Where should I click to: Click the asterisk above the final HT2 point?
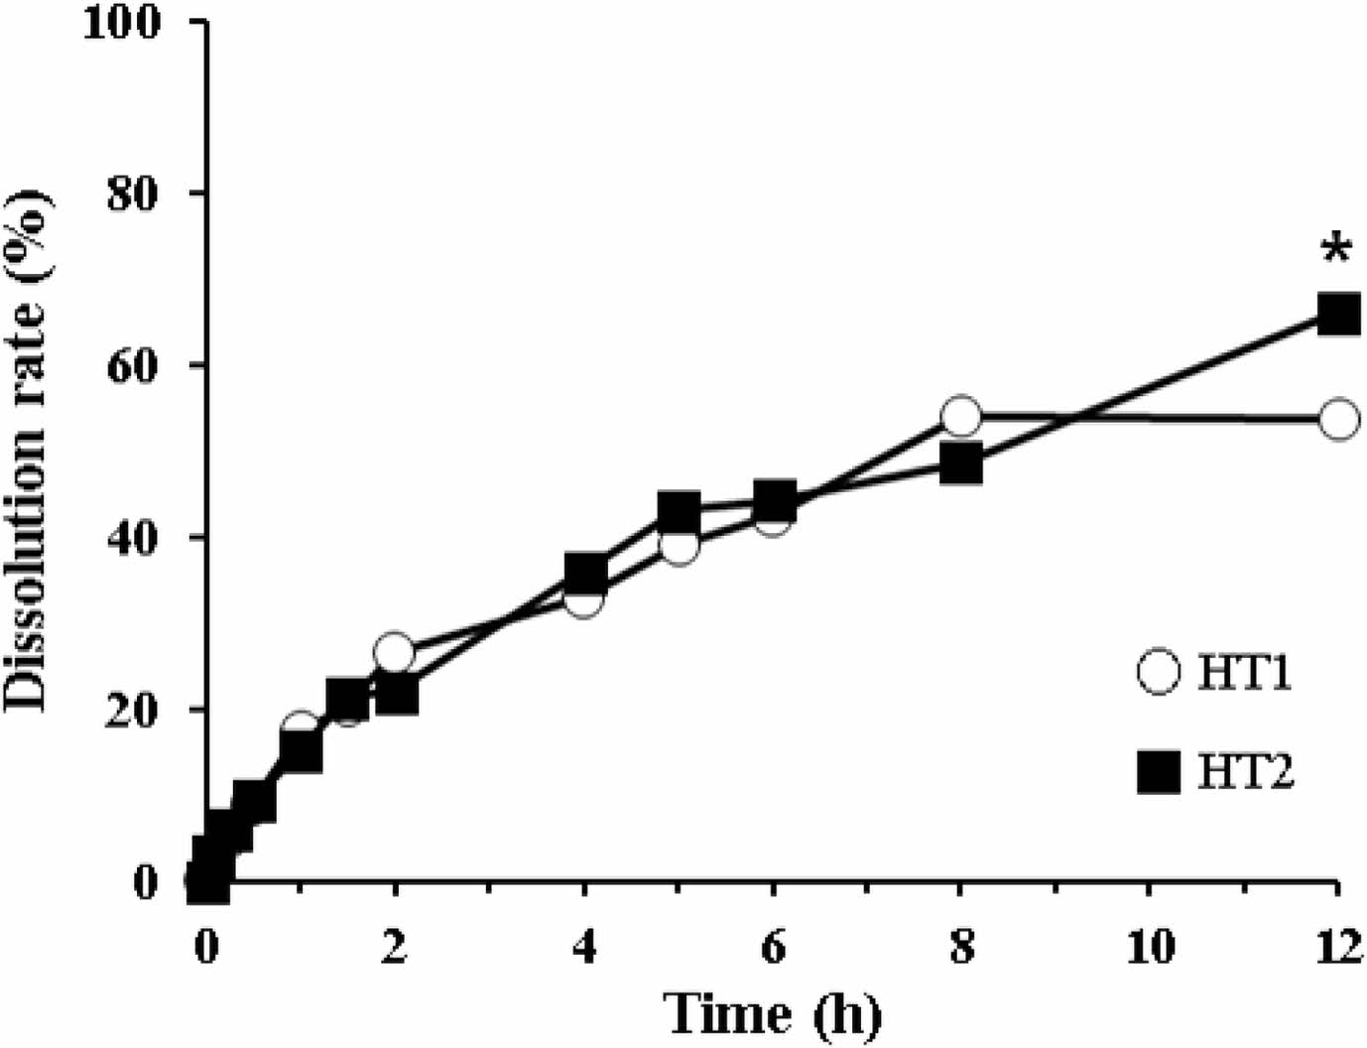pos(1336,249)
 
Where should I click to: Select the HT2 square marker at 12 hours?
pos(1337,315)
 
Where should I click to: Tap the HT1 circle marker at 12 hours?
pos(1337,420)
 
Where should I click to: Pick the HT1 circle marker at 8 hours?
pos(960,418)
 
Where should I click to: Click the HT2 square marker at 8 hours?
pos(960,463)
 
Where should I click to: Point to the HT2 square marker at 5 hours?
pos(679,512)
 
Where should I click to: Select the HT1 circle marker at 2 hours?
pos(395,653)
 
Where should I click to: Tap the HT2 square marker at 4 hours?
pos(585,573)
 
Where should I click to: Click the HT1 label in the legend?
pos(1245,675)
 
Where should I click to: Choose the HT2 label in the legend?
pos(1246,771)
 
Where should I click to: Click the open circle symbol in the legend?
pos(1158,675)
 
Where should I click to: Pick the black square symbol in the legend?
pos(1158,772)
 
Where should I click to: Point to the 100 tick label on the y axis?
pos(123,23)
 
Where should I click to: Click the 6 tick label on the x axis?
pos(773,948)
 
